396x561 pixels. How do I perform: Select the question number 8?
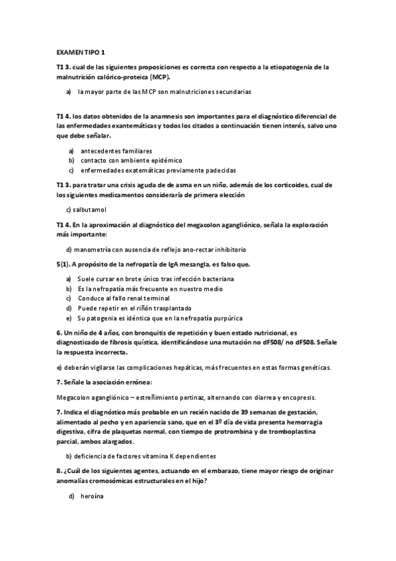coord(59,470)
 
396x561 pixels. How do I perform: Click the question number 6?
coord(59,333)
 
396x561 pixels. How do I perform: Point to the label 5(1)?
coord(63,265)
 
